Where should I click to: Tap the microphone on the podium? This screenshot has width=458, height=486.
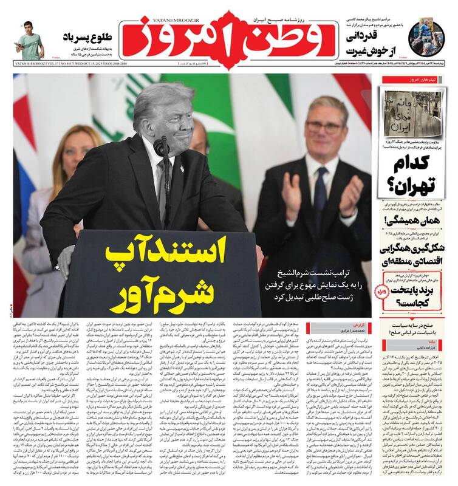(162, 146)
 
